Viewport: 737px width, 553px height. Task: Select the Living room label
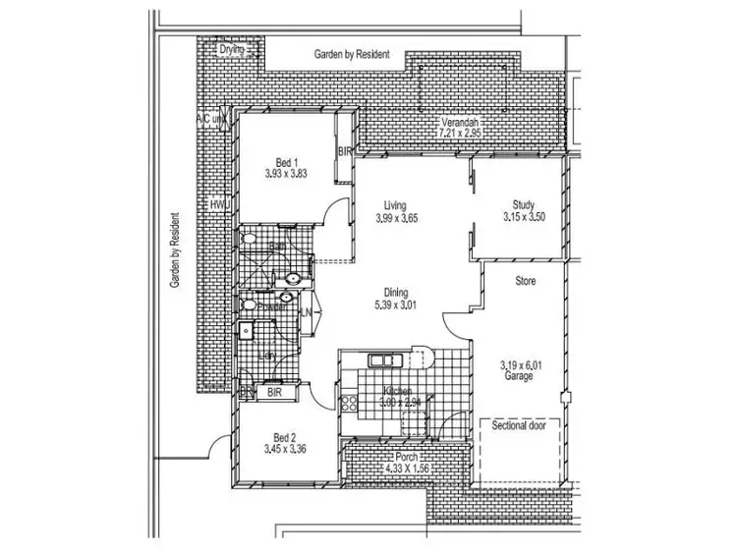tap(397, 206)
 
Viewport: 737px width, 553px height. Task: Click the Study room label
tap(522, 204)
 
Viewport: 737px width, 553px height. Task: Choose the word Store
tap(527, 281)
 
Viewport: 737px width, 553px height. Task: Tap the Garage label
tap(520, 376)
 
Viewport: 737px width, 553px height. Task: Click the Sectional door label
tap(520, 427)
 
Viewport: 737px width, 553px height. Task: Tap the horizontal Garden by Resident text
tap(352, 55)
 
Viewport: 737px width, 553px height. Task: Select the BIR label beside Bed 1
tap(344, 152)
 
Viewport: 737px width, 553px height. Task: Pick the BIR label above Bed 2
tap(275, 391)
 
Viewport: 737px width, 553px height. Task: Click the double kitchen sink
tap(378, 359)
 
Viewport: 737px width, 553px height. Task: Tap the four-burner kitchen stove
tap(348, 402)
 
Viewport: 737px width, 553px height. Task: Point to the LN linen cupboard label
tap(307, 312)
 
